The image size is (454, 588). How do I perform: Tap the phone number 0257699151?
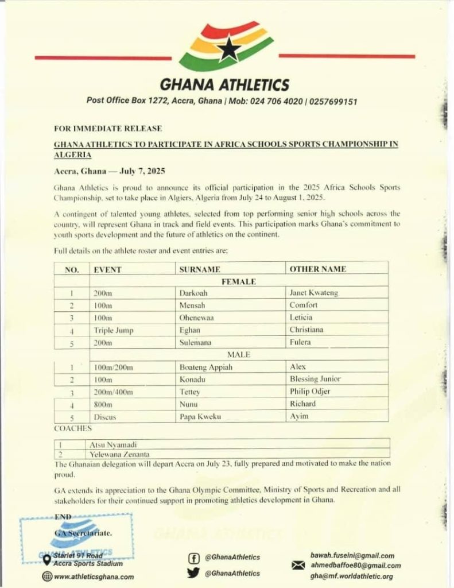pyautogui.click(x=333, y=102)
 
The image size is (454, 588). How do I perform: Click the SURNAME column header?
pyautogui.click(x=200, y=269)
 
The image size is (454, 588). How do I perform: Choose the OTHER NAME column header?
pyautogui.click(x=318, y=269)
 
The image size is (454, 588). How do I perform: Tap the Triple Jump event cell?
pyautogui.click(x=112, y=330)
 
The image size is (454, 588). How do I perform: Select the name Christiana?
pyautogui.click(x=306, y=330)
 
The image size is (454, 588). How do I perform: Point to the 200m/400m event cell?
pyautogui.click(x=113, y=392)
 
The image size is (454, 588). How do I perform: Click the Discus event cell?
pyautogui.click(x=104, y=417)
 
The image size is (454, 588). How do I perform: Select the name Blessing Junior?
pyautogui.click(x=315, y=379)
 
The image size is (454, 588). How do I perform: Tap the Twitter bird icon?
pyautogui.click(x=193, y=572)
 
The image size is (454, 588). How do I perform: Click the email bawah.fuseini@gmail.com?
pyautogui.click(x=352, y=555)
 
